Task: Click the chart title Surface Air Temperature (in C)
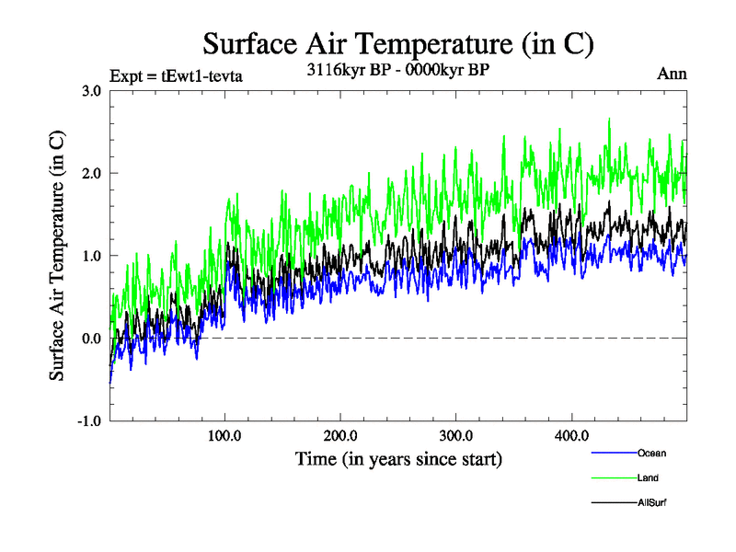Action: [398, 43]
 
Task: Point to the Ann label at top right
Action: [672, 74]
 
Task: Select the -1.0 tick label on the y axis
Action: [89, 420]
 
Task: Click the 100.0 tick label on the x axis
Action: [225, 435]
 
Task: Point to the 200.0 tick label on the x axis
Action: [340, 435]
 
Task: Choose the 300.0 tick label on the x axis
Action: [456, 435]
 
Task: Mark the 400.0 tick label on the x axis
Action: [571, 435]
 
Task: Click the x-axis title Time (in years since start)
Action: [398, 457]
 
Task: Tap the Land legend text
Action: [648, 477]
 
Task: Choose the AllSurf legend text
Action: [651, 502]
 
